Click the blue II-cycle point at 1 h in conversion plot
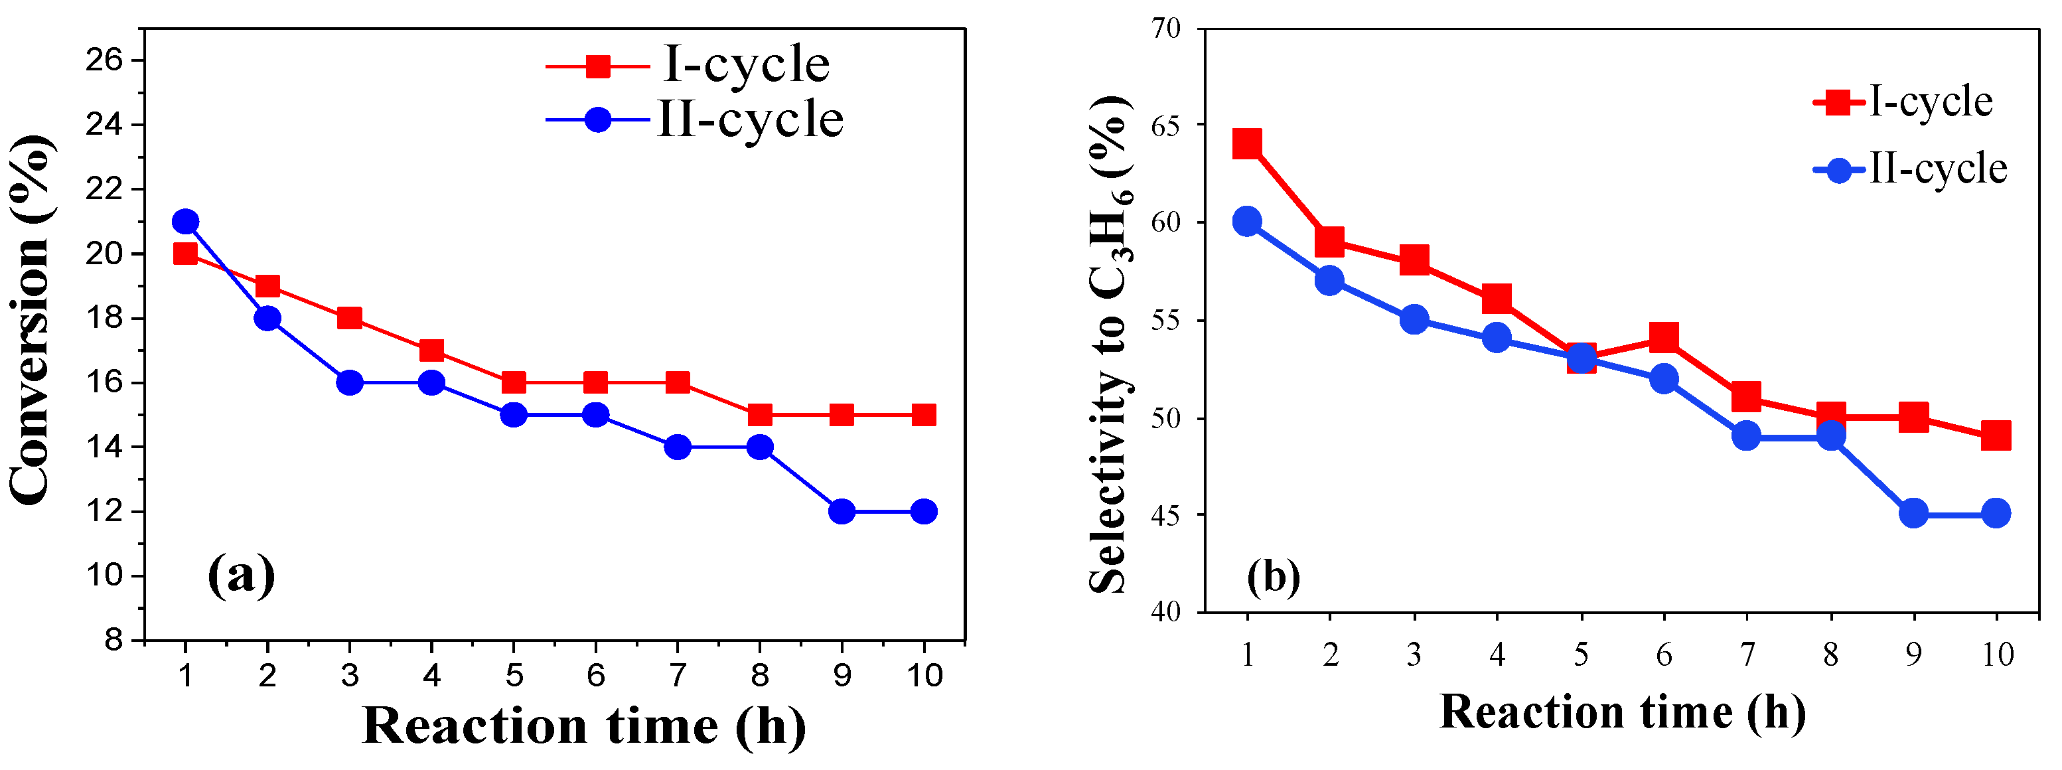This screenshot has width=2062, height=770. point(185,222)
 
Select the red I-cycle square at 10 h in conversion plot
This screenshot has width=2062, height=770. point(924,415)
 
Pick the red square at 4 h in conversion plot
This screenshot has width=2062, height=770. point(431,350)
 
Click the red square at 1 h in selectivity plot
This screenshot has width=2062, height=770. point(1247,144)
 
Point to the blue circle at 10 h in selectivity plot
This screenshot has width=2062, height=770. point(1996,513)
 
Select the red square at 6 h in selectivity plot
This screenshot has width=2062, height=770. point(1663,338)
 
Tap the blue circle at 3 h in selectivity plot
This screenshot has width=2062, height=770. point(1414,319)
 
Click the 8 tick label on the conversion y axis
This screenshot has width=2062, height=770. point(113,641)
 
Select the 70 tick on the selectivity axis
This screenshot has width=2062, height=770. point(1166,29)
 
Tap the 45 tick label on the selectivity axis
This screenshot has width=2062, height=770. point(1166,514)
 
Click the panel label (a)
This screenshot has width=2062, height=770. point(240,575)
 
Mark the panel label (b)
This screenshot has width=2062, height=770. point(1274,576)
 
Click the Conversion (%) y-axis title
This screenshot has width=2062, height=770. point(32,320)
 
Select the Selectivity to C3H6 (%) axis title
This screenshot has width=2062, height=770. point(1111,345)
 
